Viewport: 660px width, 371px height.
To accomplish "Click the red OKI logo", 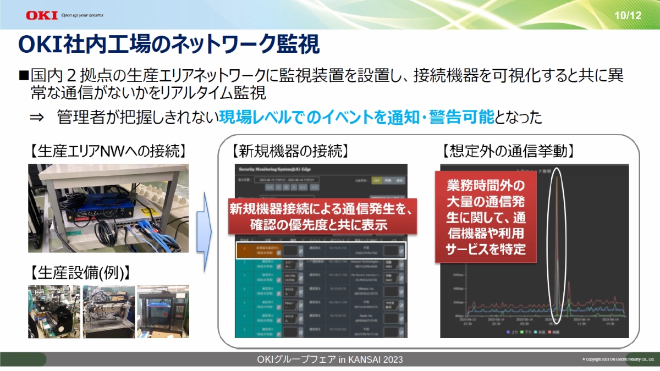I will coord(41,15).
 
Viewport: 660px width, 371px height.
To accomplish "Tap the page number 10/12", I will coord(628,15).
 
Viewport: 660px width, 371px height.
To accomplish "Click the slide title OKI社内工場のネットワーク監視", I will coord(168,45).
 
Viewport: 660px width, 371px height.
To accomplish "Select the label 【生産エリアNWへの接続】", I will coord(108,150).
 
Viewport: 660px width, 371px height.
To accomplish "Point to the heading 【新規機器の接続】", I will coord(290,150).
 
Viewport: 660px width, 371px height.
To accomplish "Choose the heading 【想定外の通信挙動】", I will coord(509,150).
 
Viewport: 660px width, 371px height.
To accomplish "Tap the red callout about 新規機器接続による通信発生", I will coord(321,216).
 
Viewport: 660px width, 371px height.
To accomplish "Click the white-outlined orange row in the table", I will coord(321,251).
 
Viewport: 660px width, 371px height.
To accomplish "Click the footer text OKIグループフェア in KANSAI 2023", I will coord(330,359).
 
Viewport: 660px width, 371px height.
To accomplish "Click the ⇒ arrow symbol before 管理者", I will coord(36,117).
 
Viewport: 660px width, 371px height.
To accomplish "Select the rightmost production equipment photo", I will coord(163,311).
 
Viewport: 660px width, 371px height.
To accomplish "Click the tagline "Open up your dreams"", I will coord(82,15).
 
